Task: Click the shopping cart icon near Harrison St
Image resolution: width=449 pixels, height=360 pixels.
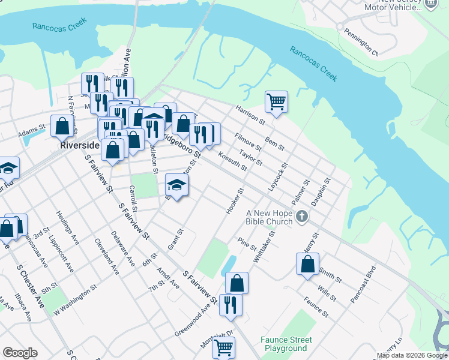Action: pyautogui.click(x=276, y=101)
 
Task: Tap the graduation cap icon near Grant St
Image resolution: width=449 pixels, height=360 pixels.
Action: pyautogui.click(x=176, y=185)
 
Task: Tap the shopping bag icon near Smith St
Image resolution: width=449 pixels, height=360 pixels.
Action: pyautogui.click(x=307, y=263)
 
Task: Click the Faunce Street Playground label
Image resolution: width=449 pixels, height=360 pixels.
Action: pyautogui.click(x=283, y=344)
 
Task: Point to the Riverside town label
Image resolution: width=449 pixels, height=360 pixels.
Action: pyautogui.click(x=74, y=145)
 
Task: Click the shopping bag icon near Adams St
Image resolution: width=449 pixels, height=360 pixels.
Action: pyautogui.click(x=62, y=126)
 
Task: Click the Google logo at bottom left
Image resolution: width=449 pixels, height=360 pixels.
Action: pyautogui.click(x=20, y=353)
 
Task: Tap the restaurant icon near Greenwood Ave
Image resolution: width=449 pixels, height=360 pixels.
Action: pyautogui.click(x=231, y=305)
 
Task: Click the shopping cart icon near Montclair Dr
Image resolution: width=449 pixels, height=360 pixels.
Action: pyautogui.click(x=223, y=347)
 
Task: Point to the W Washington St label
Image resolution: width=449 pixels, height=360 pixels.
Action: pyautogui.click(x=75, y=300)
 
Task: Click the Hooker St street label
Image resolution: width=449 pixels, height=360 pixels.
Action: pyautogui.click(x=234, y=201)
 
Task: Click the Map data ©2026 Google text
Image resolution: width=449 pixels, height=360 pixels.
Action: pyautogui.click(x=412, y=355)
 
